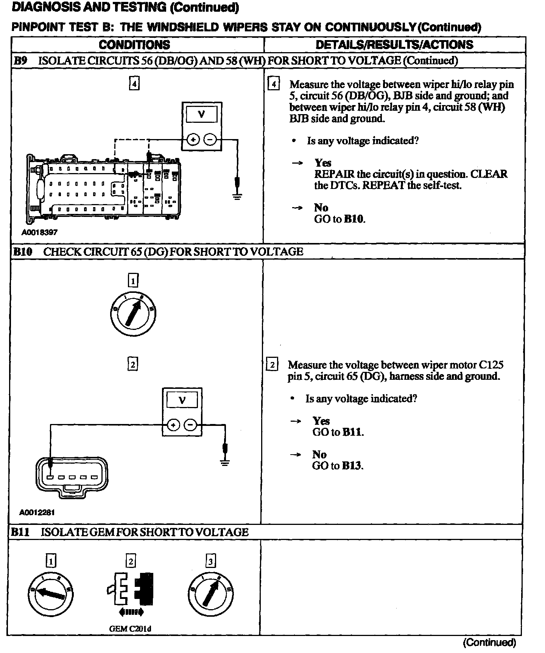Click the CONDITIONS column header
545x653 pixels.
(x=134, y=45)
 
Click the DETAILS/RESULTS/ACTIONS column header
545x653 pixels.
(x=394, y=45)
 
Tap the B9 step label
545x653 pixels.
(x=20, y=60)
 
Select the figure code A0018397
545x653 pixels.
(x=39, y=232)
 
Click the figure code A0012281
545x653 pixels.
(x=37, y=512)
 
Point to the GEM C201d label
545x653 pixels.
(x=130, y=629)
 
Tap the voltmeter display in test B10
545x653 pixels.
(x=182, y=400)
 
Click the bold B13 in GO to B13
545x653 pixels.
(x=352, y=466)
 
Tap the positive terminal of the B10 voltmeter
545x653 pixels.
(x=173, y=426)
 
